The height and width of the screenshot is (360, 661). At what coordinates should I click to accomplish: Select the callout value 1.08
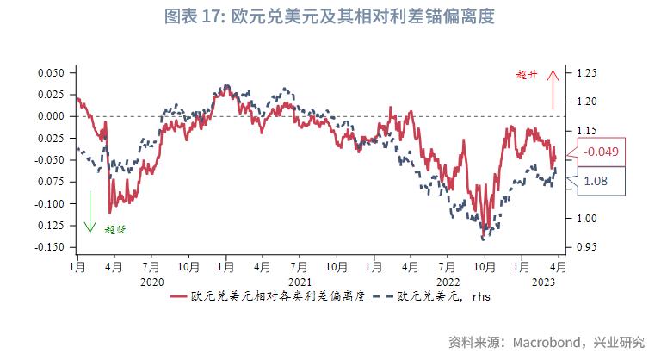coord(596,181)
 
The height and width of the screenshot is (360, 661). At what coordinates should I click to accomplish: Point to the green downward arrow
coord(89,211)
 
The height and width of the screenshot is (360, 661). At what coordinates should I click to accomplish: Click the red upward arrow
coord(553,90)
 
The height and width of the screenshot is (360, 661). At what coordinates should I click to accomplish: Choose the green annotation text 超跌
coord(114,229)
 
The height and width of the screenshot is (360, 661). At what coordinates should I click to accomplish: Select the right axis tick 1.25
coord(586,73)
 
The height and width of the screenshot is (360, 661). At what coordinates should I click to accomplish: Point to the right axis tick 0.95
coord(586,247)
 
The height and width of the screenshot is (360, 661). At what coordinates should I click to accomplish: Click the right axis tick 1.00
coord(586,218)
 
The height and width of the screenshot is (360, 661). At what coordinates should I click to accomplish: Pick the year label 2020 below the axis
coord(151,282)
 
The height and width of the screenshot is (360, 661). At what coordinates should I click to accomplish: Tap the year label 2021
coord(300,282)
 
